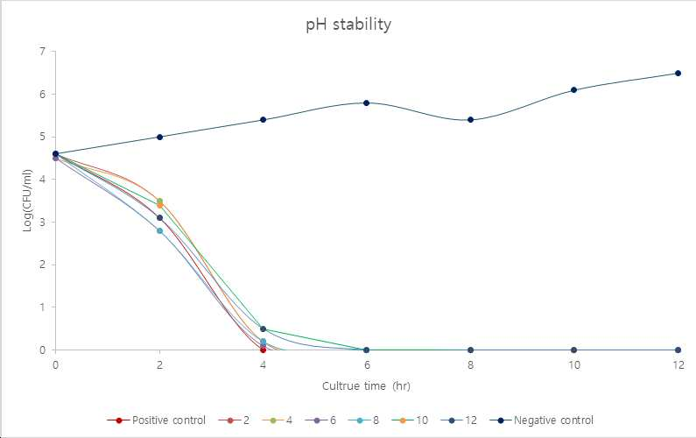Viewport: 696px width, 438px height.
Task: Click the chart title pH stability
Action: (348, 25)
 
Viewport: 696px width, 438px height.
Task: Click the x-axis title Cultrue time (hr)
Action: (366, 386)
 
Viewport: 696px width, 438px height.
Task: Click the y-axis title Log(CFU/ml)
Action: (27, 201)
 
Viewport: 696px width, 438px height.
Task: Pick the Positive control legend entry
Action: (156, 420)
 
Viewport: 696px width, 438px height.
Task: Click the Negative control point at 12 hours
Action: (678, 74)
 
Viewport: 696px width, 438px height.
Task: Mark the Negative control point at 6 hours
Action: (366, 103)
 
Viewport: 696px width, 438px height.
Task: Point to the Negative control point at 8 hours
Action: (470, 120)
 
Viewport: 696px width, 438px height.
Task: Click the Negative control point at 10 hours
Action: (574, 89)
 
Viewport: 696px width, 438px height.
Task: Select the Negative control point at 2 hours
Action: (160, 137)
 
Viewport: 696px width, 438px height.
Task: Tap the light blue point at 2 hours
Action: (160, 231)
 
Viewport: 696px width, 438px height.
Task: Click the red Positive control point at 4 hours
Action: (263, 350)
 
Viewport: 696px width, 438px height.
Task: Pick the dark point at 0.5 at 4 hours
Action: (263, 328)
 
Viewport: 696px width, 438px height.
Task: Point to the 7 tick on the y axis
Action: (43, 52)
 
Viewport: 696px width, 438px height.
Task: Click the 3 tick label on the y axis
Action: (43, 223)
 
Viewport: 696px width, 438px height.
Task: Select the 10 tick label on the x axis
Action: (574, 365)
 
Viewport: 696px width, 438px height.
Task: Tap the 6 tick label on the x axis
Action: (367, 365)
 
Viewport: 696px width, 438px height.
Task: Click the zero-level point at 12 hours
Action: (678, 350)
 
